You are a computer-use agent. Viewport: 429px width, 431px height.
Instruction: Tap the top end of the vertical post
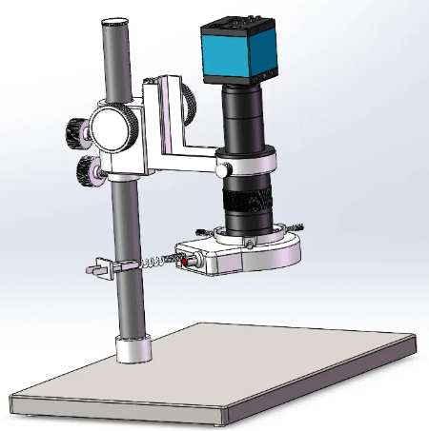pos(113,21)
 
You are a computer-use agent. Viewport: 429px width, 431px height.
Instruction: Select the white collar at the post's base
pos(133,349)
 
